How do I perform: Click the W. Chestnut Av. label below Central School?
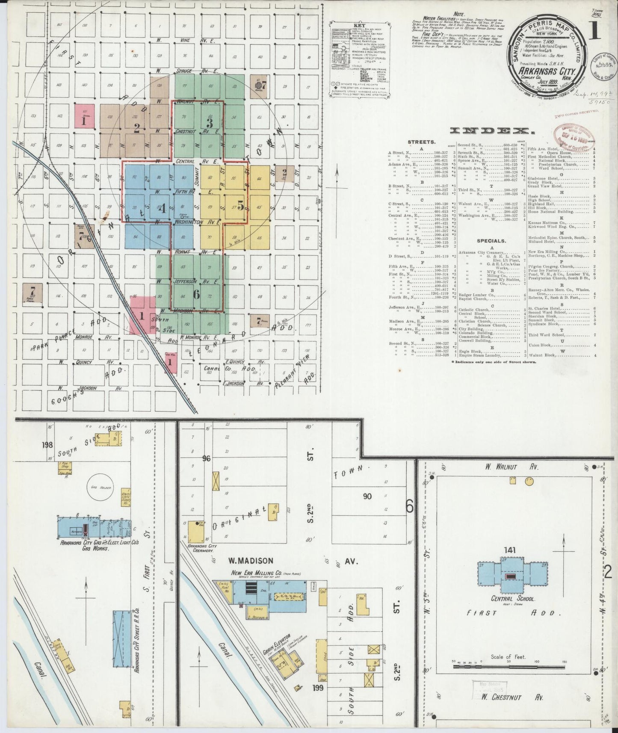(512, 697)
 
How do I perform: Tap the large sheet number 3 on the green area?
(209, 123)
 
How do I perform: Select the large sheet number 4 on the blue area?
(162, 209)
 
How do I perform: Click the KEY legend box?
(352, 59)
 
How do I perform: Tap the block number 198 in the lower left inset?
(47, 445)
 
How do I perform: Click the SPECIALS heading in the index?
(482, 241)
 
